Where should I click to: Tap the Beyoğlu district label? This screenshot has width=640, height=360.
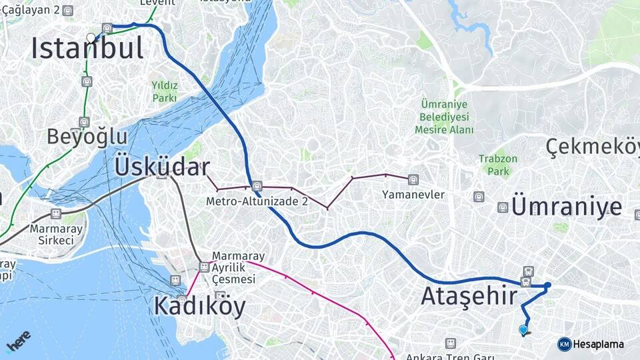[x=87, y=137]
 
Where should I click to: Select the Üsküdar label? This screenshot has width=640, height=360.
[x=162, y=167]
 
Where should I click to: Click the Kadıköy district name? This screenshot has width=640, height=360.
[x=199, y=306]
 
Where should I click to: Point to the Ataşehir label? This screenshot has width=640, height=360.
[x=469, y=295]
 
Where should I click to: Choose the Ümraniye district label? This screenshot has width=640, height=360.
[x=567, y=207]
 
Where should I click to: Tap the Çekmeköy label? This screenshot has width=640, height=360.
[x=592, y=146]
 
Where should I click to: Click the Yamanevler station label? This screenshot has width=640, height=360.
[x=413, y=195]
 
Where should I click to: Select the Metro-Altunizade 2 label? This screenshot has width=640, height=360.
[x=256, y=200]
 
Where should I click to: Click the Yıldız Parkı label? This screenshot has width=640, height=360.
[x=164, y=91]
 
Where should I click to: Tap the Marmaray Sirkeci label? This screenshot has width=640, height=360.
[x=56, y=234]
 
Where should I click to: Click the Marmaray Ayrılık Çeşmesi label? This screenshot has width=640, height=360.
[x=238, y=267]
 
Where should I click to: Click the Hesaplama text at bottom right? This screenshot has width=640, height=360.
[x=599, y=344]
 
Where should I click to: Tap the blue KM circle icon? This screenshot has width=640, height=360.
[x=564, y=344]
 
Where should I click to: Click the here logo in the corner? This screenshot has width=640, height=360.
[x=18, y=341]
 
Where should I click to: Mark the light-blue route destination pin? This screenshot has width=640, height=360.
[x=523, y=329]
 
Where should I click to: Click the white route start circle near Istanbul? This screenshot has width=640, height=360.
[x=91, y=37]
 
